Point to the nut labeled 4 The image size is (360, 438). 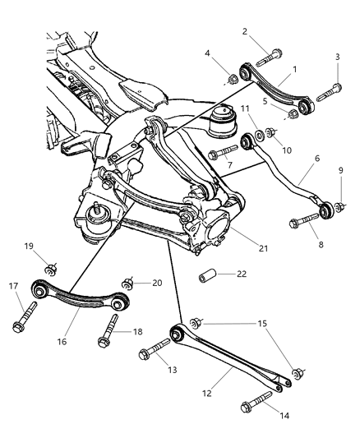pos(233,79)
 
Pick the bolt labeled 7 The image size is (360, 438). pos(224,152)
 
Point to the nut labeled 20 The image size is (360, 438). pos(128,281)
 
